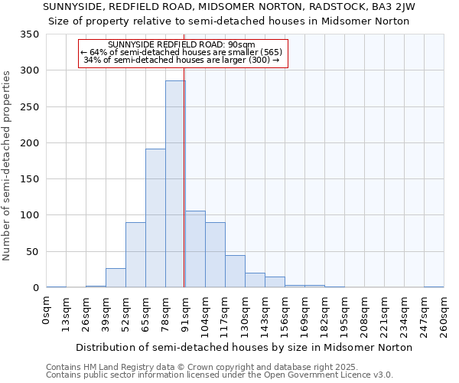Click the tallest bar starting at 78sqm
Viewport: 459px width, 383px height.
pyautogui.click(x=175, y=184)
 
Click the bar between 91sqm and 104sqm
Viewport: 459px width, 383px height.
pyautogui.click(x=195, y=249)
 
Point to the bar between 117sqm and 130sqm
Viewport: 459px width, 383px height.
pyautogui.click(x=235, y=271)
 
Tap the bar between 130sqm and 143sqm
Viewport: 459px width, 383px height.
pyautogui.click(x=255, y=280)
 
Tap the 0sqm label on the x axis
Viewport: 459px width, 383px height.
pyautogui.click(x=47, y=309)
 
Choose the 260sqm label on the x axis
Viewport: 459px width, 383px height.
pyautogui.click(x=444, y=314)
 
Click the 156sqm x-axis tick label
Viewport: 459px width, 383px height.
pyautogui.click(x=285, y=314)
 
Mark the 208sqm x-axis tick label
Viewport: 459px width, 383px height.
pyautogui.click(x=364, y=314)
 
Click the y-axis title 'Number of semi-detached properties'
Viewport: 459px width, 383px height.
pyautogui.click(x=8, y=165)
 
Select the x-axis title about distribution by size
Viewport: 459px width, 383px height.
pyautogui.click(x=244, y=347)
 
